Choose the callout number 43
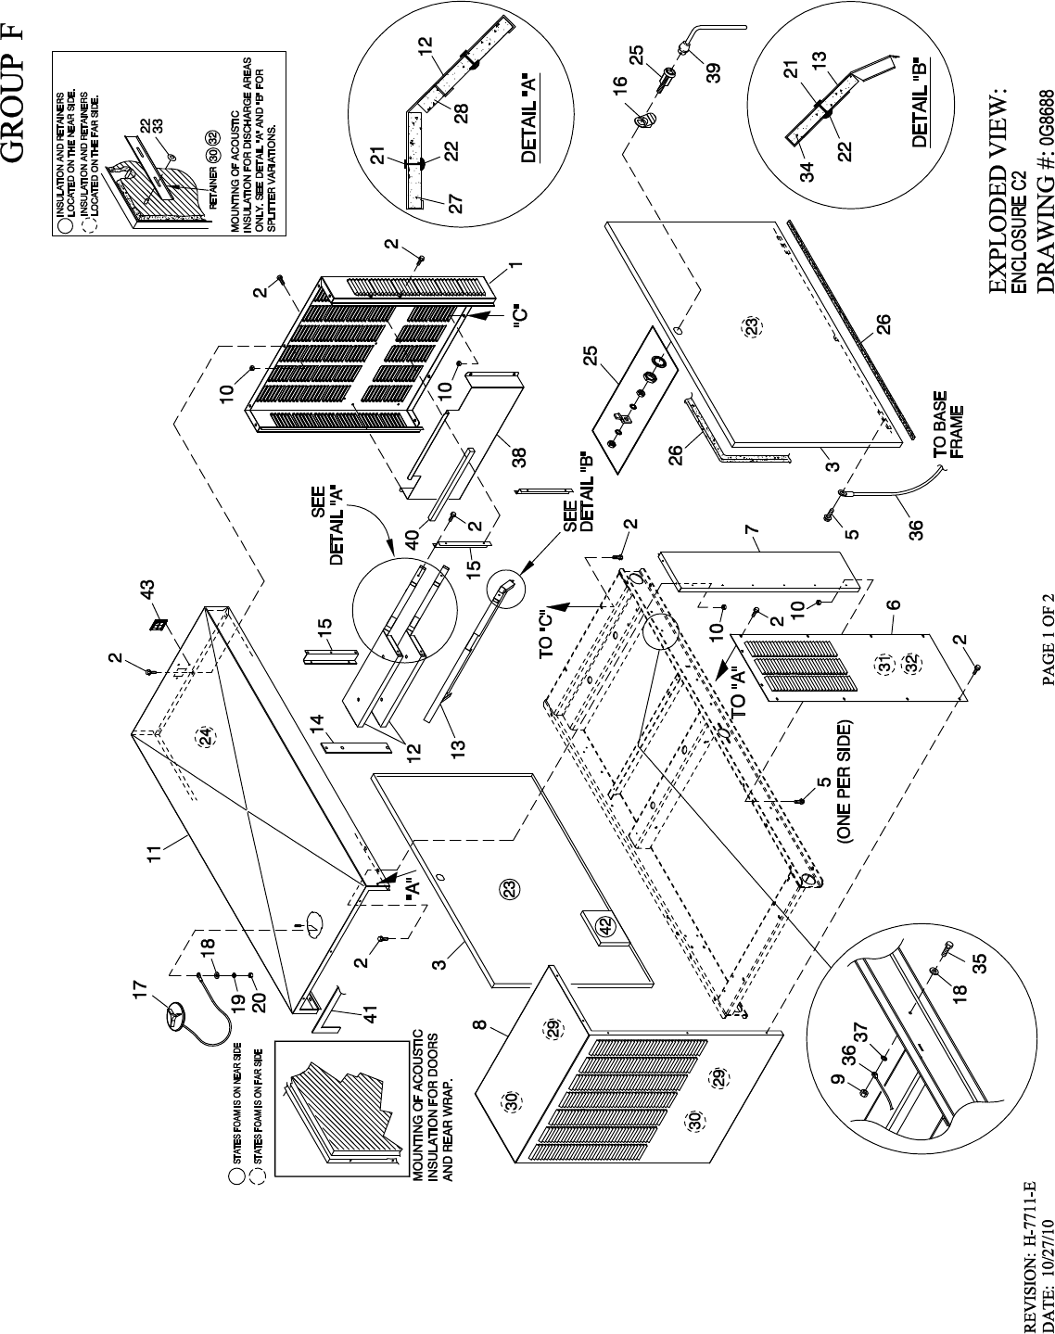[146, 588]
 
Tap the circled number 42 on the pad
[605, 925]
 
